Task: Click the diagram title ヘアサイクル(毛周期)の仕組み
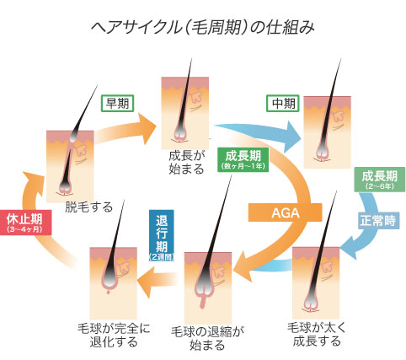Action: tap(203, 28)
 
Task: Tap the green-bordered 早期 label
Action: tap(117, 104)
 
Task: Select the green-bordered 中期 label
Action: tap(282, 104)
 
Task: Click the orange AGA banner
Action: tap(285, 212)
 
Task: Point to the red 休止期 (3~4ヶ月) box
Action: tap(25, 223)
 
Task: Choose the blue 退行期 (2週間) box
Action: tap(162, 235)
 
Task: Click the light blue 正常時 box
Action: tap(379, 220)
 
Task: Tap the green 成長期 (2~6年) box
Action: tap(380, 180)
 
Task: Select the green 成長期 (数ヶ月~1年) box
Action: tap(243, 159)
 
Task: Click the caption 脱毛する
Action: tap(88, 207)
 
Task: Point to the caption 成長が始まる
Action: tap(187, 162)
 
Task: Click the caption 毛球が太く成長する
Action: tap(317, 334)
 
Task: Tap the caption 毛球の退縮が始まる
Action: tap(207, 338)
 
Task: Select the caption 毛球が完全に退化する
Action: tap(114, 335)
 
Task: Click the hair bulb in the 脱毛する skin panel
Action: tap(65, 187)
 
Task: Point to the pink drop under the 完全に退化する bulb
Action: tap(109, 293)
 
